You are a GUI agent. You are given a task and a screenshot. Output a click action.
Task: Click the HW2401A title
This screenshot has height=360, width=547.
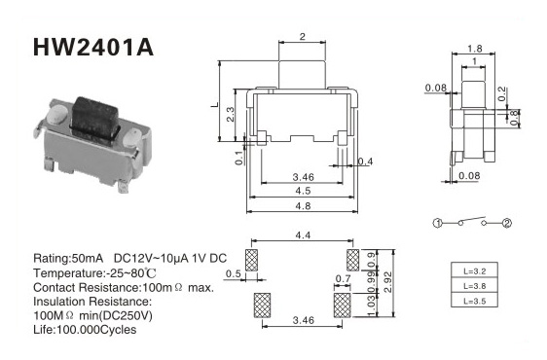[x=93, y=47]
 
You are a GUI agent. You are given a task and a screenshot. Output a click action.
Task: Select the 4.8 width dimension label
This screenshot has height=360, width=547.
[x=303, y=206]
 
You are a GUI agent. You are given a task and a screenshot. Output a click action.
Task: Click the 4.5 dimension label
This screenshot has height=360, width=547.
[x=303, y=191]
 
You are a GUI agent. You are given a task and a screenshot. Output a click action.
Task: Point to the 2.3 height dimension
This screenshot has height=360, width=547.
[x=231, y=115]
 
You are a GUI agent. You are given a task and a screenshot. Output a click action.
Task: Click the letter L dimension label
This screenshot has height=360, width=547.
[x=215, y=104]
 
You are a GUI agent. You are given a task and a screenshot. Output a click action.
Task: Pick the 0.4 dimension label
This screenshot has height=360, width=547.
[x=365, y=162]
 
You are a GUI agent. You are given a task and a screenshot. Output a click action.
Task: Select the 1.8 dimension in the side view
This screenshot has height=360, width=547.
[x=475, y=49]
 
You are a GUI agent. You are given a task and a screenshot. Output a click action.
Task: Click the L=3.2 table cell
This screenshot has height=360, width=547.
[x=474, y=270]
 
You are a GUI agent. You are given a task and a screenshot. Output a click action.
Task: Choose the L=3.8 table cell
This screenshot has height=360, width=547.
[x=474, y=286]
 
